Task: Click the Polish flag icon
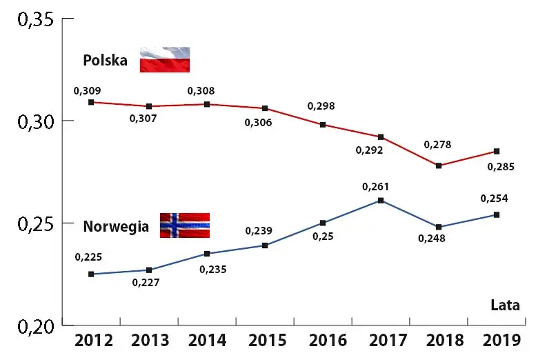(x=165, y=59)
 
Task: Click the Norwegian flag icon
(x=184, y=225)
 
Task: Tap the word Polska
(x=106, y=60)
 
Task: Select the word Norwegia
(x=116, y=225)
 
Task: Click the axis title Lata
(x=505, y=305)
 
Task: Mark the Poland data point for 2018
(x=439, y=165)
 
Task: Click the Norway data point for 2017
(x=381, y=201)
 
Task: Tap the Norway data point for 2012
(x=91, y=274)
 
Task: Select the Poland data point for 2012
(x=91, y=102)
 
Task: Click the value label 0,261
(x=376, y=186)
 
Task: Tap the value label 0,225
(x=88, y=257)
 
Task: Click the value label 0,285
(x=501, y=166)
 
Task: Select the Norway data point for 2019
(x=497, y=214)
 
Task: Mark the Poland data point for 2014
(x=207, y=104)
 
